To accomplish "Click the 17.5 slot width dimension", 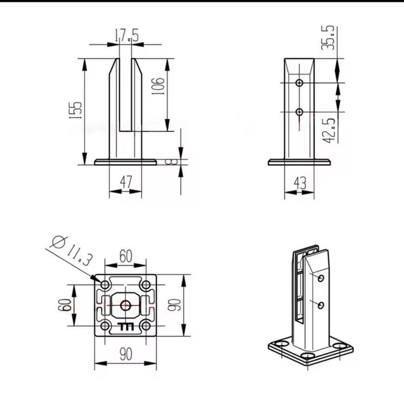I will pos(127,35).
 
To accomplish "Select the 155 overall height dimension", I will pos(76,110).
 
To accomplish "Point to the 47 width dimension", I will pos(126,182).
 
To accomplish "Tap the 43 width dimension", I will pos(300,183).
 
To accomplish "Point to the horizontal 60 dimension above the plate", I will pos(125,255).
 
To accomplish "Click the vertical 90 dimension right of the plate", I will pos(175,305).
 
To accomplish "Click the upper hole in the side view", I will pos(299,83).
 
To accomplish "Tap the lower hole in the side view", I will pos(299,111).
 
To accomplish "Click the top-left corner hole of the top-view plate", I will pos(105,285).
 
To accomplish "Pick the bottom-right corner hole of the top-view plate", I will pos(146,326).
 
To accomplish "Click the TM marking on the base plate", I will pos(125,327).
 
